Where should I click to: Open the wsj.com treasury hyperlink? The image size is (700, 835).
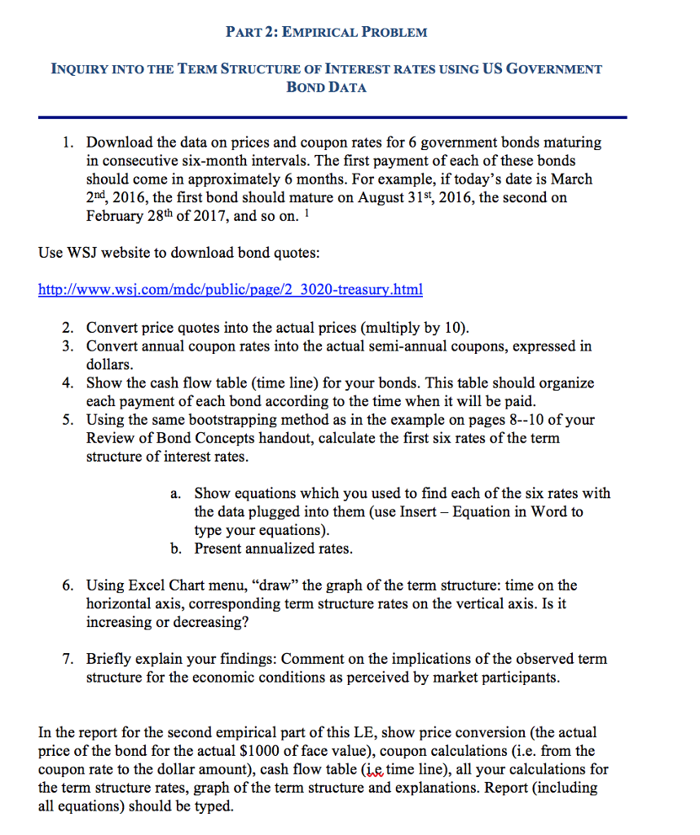(x=231, y=289)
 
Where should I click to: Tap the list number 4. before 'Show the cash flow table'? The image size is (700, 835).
(x=68, y=383)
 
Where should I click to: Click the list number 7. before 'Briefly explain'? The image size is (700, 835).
(x=68, y=659)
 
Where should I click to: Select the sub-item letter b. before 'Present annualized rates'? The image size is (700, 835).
(x=177, y=549)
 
